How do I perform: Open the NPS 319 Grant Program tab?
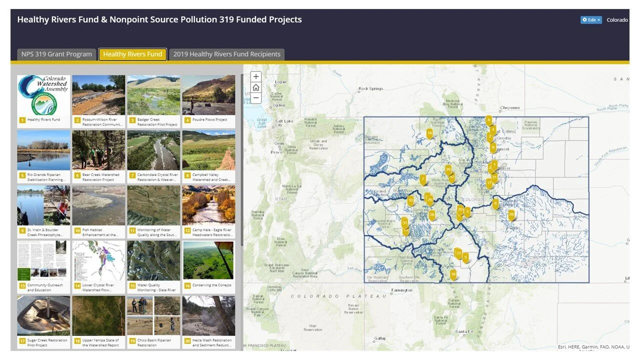click(x=56, y=54)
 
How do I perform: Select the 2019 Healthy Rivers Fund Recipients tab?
click(x=226, y=54)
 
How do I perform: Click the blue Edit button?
click(x=590, y=20)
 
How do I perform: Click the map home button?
click(x=256, y=87)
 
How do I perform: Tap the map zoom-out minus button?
click(x=256, y=98)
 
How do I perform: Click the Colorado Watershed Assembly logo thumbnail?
click(x=43, y=95)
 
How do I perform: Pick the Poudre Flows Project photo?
click(x=208, y=95)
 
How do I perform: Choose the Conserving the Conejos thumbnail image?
click(x=208, y=260)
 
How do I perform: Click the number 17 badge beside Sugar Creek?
click(x=22, y=341)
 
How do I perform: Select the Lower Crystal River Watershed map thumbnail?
click(x=98, y=260)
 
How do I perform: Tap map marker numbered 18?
click(x=429, y=133)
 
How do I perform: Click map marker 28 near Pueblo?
click(x=511, y=214)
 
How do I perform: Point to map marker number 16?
click(x=453, y=274)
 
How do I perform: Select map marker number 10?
click(x=410, y=200)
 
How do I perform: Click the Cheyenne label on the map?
click(x=510, y=107)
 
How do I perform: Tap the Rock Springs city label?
click(x=371, y=88)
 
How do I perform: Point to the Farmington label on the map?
click(x=401, y=290)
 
